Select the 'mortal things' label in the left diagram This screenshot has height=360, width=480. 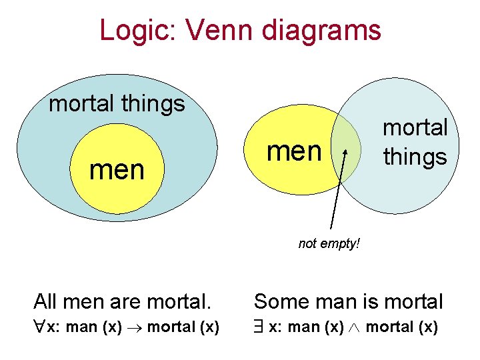coord(117,103)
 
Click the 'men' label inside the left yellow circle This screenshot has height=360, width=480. coord(117,170)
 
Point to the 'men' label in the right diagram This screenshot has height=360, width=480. coord(294,151)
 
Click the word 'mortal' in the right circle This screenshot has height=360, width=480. coord(415,127)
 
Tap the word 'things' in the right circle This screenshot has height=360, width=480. coord(415,157)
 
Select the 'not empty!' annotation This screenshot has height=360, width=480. coord(329,244)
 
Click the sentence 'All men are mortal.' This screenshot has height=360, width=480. coord(122,302)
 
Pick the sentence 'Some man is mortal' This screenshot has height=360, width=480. coord(348,302)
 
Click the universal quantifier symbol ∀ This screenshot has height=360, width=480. coord(39,327)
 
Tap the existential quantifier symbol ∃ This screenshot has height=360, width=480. coord(259,327)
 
